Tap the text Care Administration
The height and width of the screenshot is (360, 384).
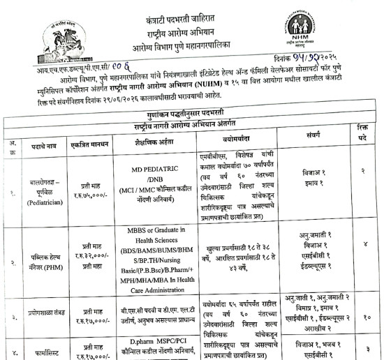pyautogui.click(x=156, y=285)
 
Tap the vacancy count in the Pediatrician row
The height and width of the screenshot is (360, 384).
pyautogui.click(x=362, y=170)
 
